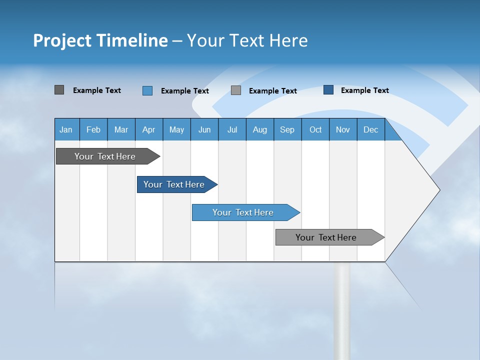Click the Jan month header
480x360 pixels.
pyautogui.click(x=66, y=129)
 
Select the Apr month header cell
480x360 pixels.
pyautogui.click(x=149, y=129)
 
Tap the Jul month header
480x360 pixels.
pyautogui.click(x=232, y=129)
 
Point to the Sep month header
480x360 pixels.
pyautogui.click(x=287, y=129)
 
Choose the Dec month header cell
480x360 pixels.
pyautogui.click(x=370, y=129)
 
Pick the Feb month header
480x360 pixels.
pyautogui.click(x=93, y=129)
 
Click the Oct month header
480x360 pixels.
pyautogui.click(x=315, y=129)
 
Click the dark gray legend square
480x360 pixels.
pyautogui.click(x=59, y=90)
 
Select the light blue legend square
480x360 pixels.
pyautogui.click(x=147, y=90)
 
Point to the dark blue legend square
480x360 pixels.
pyautogui.click(x=328, y=90)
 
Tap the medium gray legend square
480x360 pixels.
pyautogui.click(x=236, y=90)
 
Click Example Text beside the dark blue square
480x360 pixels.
pyautogui.click(x=364, y=90)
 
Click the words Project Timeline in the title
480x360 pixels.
pyautogui.click(x=100, y=40)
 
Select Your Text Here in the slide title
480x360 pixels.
pyautogui.click(x=247, y=40)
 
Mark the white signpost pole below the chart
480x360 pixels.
pyautogui.click(x=342, y=310)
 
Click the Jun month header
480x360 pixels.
pyautogui.click(x=204, y=129)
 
